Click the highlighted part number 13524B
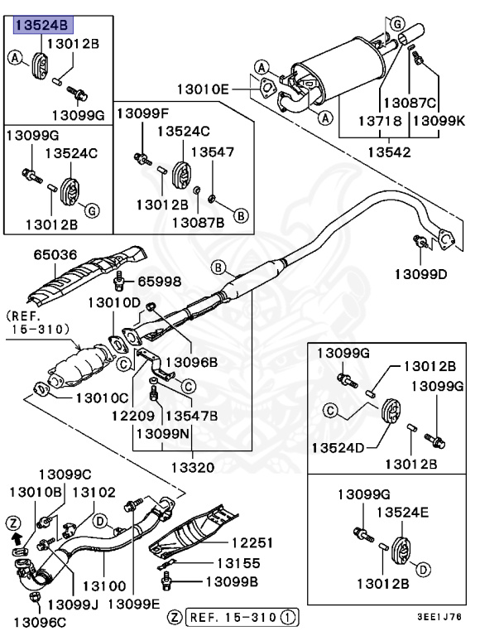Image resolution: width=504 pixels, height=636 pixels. tap(39, 26)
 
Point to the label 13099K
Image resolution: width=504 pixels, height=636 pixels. tap(439, 120)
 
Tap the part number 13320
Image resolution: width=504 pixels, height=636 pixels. tap(192, 468)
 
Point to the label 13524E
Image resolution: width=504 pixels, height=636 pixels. tap(402, 513)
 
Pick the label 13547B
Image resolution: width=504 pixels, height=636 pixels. tap(192, 416)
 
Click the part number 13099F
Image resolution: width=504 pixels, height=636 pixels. tap(142, 113)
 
